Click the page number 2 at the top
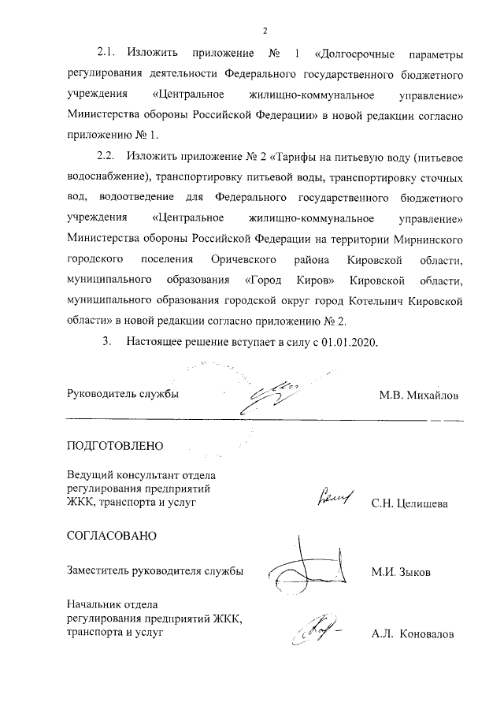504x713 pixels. click(x=265, y=31)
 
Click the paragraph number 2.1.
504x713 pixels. click(x=106, y=54)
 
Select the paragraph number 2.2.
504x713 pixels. click(x=106, y=156)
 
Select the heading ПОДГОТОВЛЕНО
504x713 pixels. click(x=115, y=446)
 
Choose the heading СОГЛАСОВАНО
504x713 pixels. click(x=111, y=537)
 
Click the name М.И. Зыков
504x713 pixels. click(x=401, y=572)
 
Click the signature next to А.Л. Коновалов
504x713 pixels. click(x=315, y=629)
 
